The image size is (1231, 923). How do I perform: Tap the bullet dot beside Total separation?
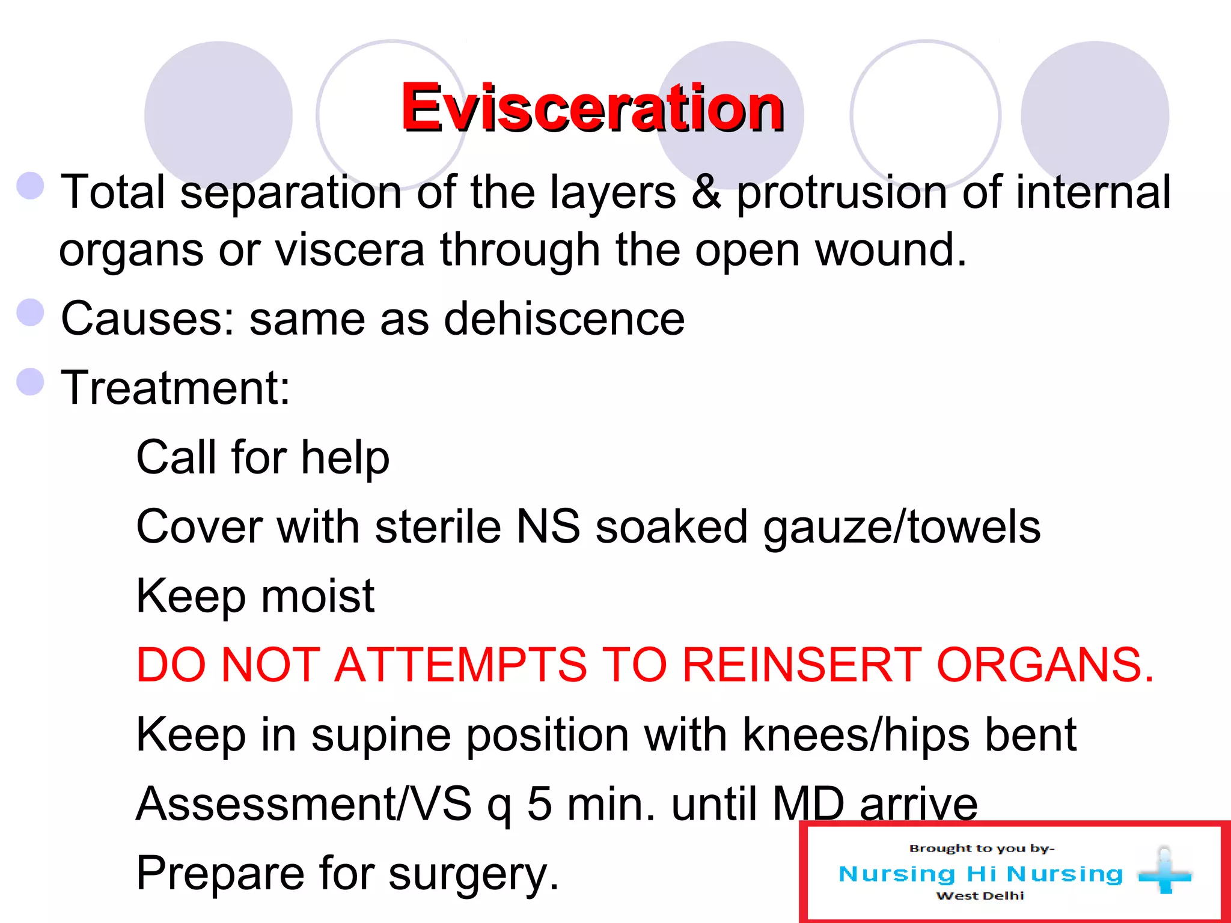point(31,186)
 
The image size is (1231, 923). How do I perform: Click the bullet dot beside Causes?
point(31,312)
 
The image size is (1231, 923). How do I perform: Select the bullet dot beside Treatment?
point(31,382)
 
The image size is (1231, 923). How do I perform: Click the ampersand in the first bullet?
point(706,192)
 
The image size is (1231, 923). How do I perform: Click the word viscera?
point(350,249)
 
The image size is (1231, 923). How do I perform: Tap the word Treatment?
point(176,388)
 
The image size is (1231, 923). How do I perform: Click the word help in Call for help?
point(345,458)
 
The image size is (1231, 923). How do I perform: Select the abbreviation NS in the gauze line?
point(548,527)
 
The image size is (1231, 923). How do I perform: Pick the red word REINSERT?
point(801,665)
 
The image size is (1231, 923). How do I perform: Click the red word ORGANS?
point(1045,665)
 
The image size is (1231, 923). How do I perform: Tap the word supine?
point(380,736)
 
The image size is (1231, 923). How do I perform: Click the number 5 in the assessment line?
point(539,804)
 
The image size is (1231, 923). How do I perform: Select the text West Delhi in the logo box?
point(980,896)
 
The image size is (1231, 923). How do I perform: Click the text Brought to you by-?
point(982,848)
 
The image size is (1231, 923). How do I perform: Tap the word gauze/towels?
point(902,527)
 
